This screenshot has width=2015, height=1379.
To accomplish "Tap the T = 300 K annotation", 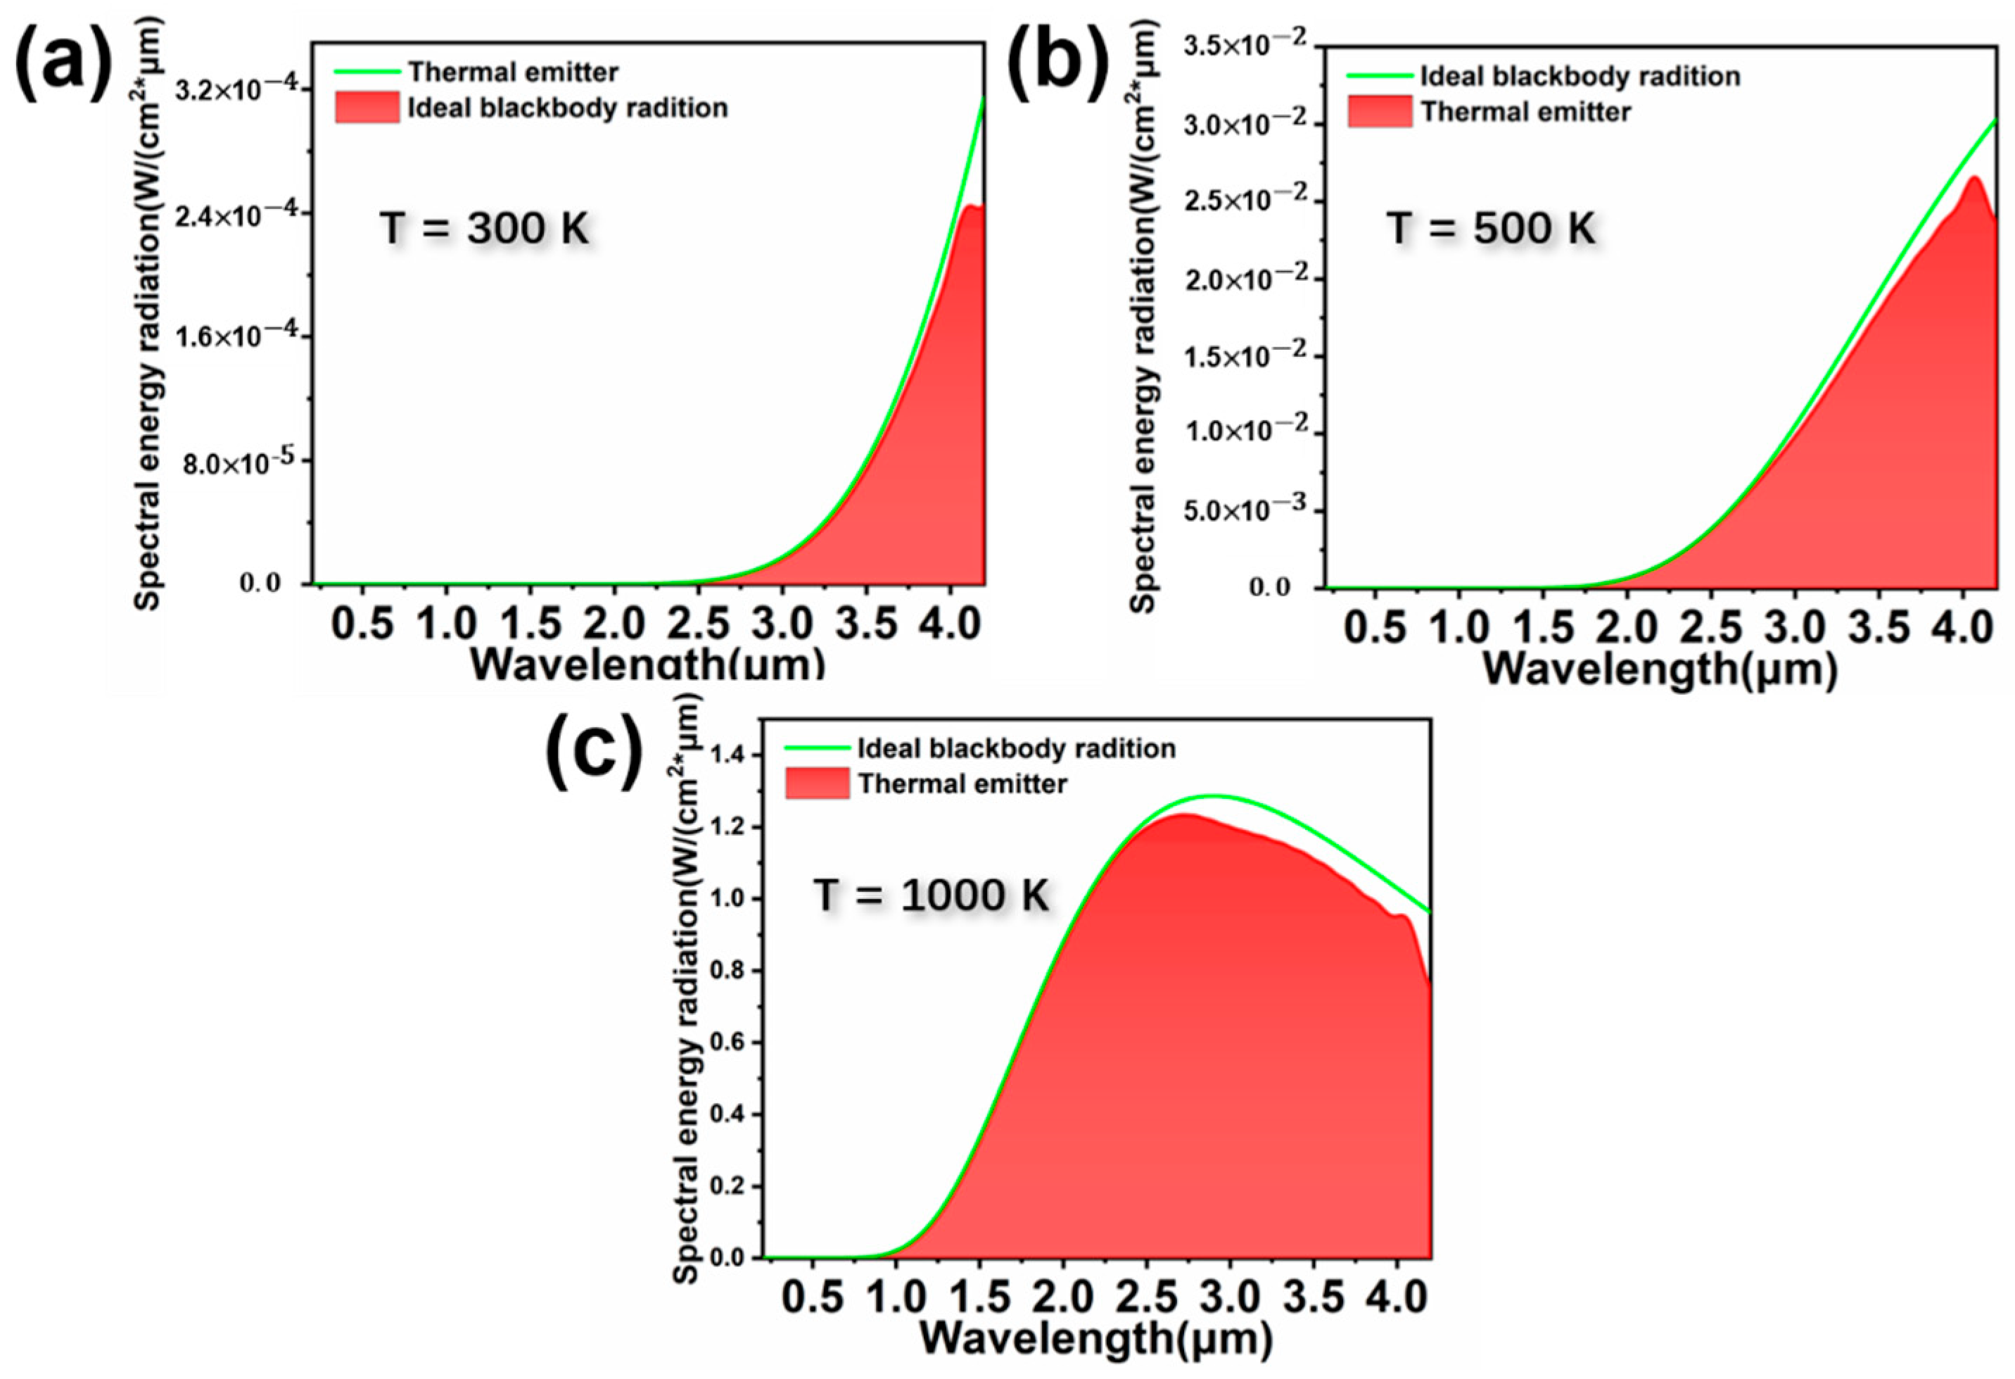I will [x=485, y=228].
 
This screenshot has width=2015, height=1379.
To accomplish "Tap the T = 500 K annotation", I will [x=1490, y=228].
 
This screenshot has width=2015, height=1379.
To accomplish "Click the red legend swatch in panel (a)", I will [x=367, y=108].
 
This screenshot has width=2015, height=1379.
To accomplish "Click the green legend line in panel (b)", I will [x=1380, y=76].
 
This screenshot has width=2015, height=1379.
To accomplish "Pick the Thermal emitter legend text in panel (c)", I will [x=962, y=784].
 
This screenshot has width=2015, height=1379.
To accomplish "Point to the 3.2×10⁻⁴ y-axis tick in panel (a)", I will [x=235, y=89].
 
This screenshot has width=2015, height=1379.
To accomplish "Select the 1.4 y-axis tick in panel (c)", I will [x=727, y=755].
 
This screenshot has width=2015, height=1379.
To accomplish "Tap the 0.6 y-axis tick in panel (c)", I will [x=727, y=1042].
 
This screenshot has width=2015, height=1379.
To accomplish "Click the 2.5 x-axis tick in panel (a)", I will [x=698, y=624].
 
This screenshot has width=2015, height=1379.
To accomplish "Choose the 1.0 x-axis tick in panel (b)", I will [x=1458, y=627].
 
